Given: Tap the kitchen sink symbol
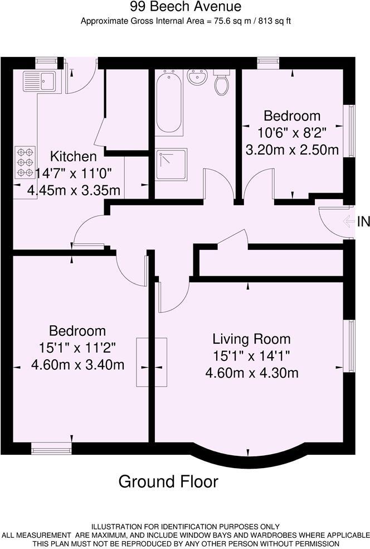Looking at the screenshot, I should [38, 81].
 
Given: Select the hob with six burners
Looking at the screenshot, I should [25, 162].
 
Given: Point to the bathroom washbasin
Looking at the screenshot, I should [197, 78].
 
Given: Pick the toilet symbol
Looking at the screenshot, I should [222, 83].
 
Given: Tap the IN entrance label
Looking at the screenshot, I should [363, 222].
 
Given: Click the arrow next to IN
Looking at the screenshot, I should [349, 222].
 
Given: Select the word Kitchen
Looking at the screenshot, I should [73, 157].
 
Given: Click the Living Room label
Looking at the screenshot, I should [251, 339].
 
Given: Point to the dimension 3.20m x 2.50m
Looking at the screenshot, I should [292, 150].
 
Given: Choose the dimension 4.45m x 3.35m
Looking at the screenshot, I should [74, 190].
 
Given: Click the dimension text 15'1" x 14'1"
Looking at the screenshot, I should [251, 355].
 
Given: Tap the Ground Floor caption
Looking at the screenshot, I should [168, 481].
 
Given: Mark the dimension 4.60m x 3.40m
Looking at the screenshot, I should [77, 365].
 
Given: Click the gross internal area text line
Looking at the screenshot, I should [187, 22].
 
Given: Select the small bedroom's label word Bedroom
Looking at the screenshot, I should [291, 116].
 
